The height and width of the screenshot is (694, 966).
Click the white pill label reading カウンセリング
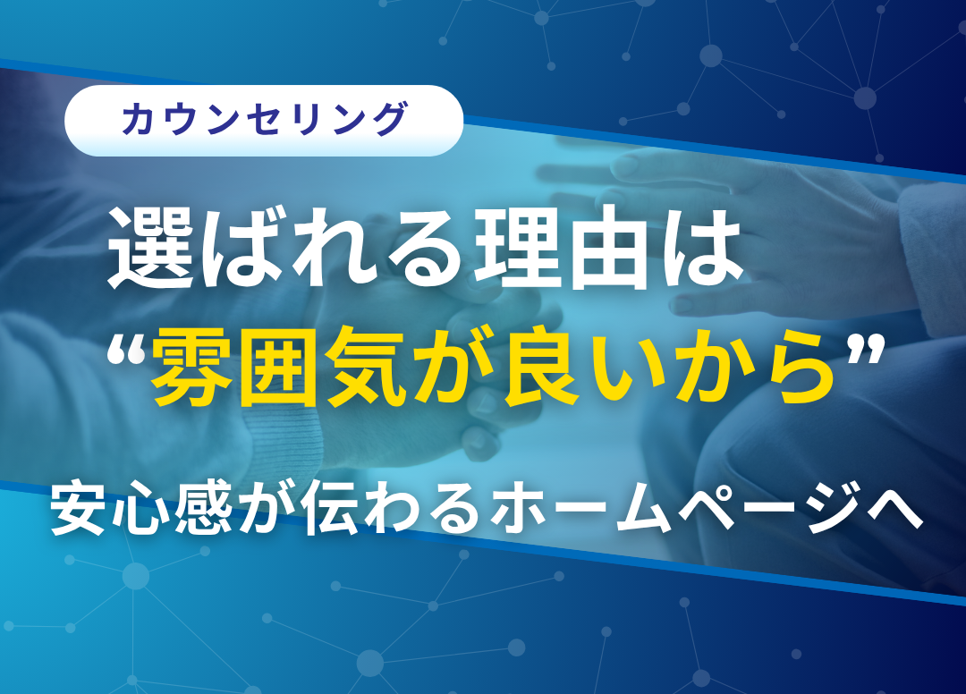pyautogui.click(x=264, y=121)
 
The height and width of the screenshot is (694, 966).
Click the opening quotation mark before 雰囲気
pyautogui.click(x=126, y=350)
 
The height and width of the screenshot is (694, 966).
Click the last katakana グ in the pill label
pyautogui.click(x=389, y=119)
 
